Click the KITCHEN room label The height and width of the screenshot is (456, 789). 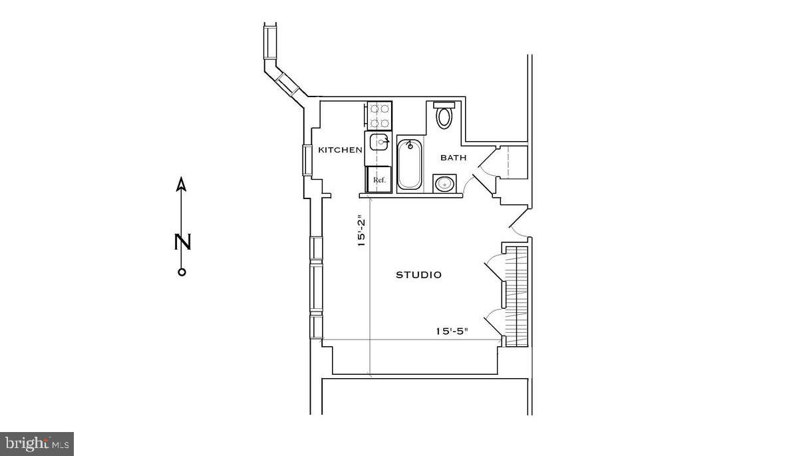[340, 150]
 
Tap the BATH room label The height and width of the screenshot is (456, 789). [453, 158]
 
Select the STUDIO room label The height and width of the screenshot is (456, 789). [418, 274]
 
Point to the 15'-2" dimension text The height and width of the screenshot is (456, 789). [362, 231]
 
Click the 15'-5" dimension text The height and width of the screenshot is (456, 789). [452, 330]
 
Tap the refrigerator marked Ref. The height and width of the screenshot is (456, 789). [379, 180]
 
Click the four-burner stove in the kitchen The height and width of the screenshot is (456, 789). [379, 115]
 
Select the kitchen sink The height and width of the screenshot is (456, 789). [379, 142]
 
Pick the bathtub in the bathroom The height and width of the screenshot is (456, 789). [410, 164]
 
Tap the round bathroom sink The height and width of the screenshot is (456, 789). [444, 182]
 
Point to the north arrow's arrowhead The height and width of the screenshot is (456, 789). [182, 184]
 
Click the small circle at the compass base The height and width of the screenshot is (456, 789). [182, 272]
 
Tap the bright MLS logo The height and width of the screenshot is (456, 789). [37, 443]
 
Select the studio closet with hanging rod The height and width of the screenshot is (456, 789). [516, 296]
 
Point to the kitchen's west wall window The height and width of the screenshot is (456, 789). [308, 159]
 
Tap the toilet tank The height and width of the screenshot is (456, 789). [444, 105]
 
